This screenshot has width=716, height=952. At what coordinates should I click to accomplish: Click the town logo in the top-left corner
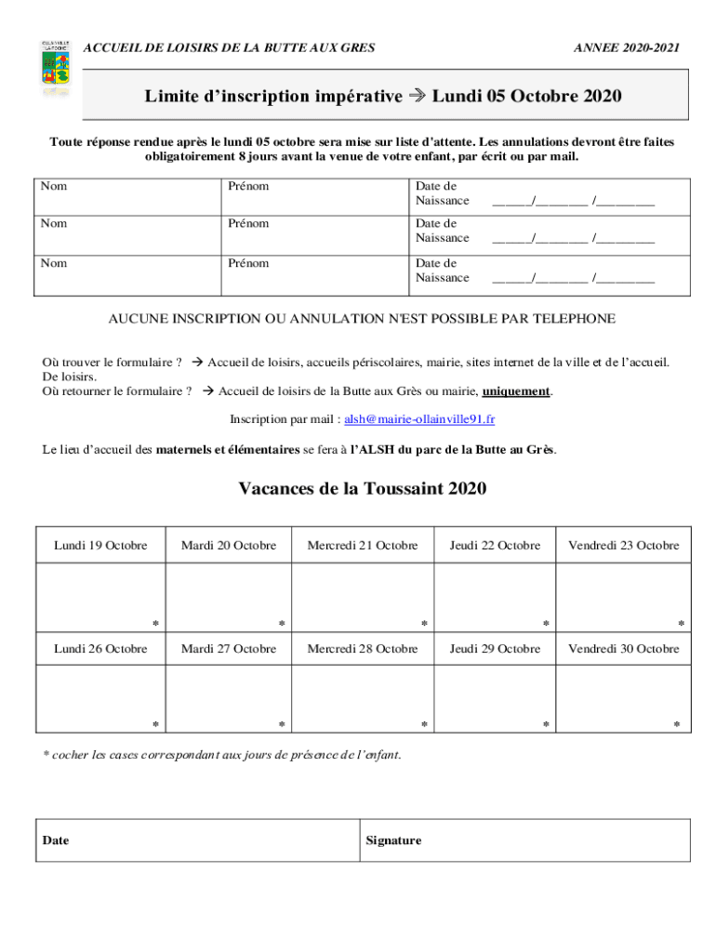(x=55, y=67)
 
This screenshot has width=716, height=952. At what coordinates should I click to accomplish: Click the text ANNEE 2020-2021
(x=627, y=47)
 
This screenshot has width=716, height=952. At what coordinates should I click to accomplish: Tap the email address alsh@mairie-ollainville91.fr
(x=419, y=419)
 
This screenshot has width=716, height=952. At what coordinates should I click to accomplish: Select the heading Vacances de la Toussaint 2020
(x=363, y=489)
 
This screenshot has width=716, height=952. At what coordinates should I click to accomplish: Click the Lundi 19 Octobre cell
(x=100, y=546)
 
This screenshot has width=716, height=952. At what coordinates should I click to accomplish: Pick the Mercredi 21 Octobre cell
(x=363, y=546)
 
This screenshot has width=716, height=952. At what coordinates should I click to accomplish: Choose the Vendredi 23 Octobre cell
(x=624, y=546)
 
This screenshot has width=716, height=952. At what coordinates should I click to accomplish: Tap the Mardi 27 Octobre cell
(x=229, y=649)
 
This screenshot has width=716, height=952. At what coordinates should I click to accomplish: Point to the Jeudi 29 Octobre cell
(x=495, y=649)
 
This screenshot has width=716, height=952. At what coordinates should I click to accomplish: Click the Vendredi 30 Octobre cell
(x=624, y=649)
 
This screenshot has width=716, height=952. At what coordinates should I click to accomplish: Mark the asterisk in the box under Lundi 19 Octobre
(x=155, y=624)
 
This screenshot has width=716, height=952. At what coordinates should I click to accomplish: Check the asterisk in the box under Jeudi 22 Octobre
(x=546, y=624)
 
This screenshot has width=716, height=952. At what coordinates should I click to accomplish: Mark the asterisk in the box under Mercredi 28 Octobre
(x=424, y=725)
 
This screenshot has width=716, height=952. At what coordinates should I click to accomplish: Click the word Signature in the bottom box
(x=393, y=840)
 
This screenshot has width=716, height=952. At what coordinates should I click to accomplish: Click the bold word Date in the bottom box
(x=56, y=840)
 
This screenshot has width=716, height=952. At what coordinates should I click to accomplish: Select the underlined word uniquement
(x=516, y=391)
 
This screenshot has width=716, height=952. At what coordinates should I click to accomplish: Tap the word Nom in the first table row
(x=54, y=186)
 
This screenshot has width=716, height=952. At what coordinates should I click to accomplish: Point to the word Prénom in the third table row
(x=248, y=263)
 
